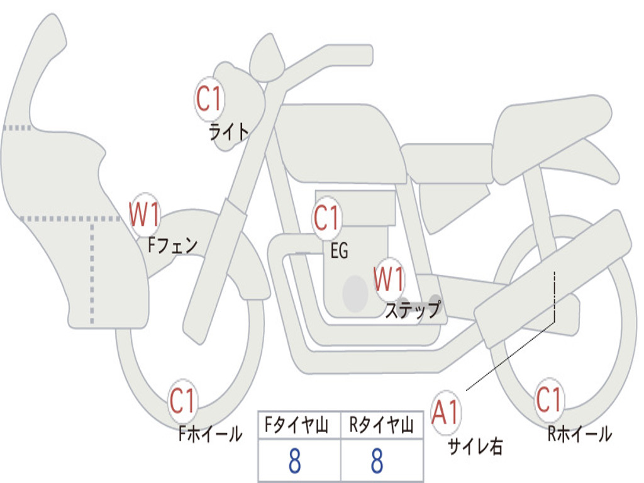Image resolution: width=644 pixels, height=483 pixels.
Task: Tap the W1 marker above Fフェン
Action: click(x=145, y=214)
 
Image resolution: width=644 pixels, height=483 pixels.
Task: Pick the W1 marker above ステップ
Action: click(x=389, y=279)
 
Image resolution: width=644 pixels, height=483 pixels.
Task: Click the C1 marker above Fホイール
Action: click(x=183, y=401)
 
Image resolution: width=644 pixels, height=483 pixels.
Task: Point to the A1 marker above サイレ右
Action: click(x=446, y=413)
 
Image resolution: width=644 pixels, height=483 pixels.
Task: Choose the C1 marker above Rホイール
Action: click(x=549, y=399)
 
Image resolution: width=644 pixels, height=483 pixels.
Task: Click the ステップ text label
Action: click(x=413, y=310)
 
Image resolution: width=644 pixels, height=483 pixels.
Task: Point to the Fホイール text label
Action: click(x=210, y=433)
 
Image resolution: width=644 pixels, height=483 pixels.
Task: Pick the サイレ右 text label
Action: click(x=475, y=446)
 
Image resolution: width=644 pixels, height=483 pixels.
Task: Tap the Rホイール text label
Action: click(x=579, y=433)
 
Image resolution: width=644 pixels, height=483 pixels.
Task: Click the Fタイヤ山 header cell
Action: click(x=299, y=426)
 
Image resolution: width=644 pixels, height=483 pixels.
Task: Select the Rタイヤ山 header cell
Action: click(x=382, y=426)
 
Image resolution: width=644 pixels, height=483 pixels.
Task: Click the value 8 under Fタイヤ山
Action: click(x=294, y=462)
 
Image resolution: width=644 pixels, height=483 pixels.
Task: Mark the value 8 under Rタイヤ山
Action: click(x=377, y=462)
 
